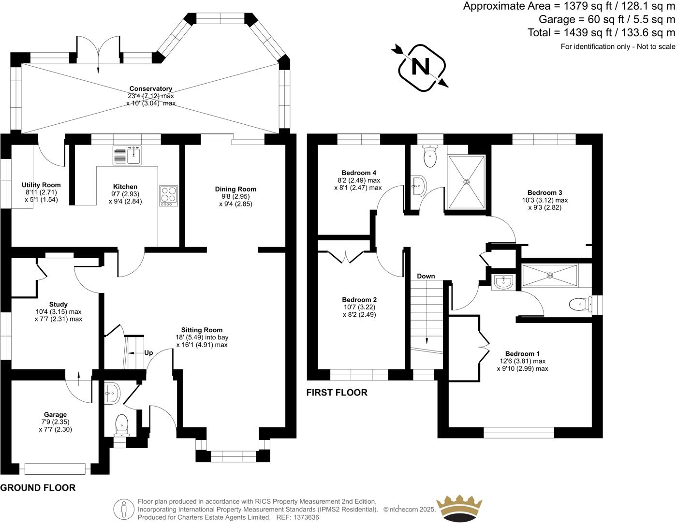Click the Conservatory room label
(x=151, y=89)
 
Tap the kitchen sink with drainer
(x=126, y=155)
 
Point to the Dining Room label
(x=235, y=189)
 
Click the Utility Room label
(x=41, y=185)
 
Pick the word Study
(x=59, y=305)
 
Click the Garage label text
(x=55, y=414)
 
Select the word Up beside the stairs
(x=148, y=353)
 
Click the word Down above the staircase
(x=426, y=276)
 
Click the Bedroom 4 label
(x=359, y=173)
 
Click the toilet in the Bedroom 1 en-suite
(x=578, y=304)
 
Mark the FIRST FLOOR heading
(x=337, y=393)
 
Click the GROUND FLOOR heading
(x=38, y=488)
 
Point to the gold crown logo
(x=459, y=508)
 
